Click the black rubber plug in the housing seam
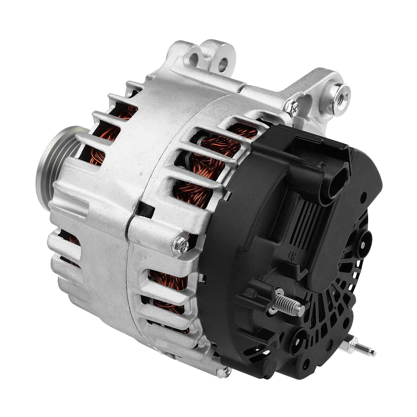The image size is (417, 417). (146, 208)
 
